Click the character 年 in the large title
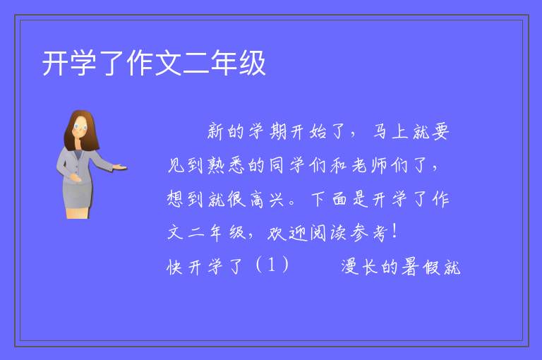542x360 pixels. (x=224, y=63)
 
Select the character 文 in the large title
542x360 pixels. (x=168, y=63)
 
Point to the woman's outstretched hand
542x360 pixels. (x=119, y=167)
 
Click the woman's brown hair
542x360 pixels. (x=81, y=130)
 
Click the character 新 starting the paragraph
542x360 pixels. (x=216, y=131)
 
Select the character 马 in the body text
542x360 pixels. (x=380, y=131)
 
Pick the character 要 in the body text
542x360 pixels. (x=440, y=131)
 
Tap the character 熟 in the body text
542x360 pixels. (x=216, y=165)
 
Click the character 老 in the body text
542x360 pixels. (x=359, y=165)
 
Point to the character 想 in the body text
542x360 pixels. (x=175, y=199)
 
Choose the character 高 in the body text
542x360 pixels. (x=256, y=199)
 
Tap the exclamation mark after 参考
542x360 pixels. (x=395, y=231)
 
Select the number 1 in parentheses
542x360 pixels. (x=272, y=265)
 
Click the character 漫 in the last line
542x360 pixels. (x=350, y=267)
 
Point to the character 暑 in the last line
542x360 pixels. (x=411, y=267)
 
